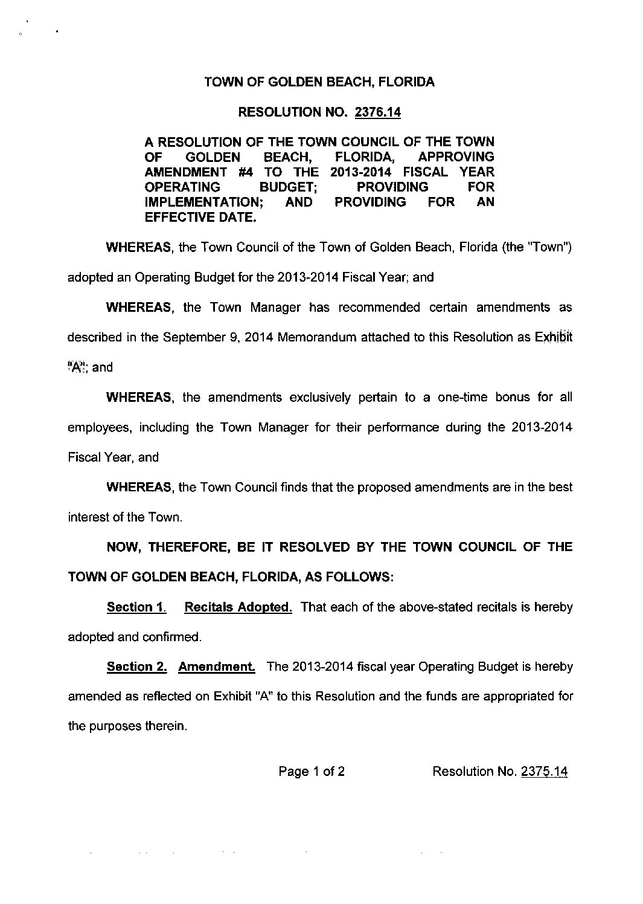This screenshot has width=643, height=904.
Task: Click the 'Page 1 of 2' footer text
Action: tap(312, 771)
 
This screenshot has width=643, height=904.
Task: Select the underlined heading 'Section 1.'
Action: tap(136, 607)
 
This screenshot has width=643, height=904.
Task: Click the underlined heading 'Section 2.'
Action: tap(136, 667)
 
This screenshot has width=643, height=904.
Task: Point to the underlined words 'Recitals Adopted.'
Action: tap(238, 607)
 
